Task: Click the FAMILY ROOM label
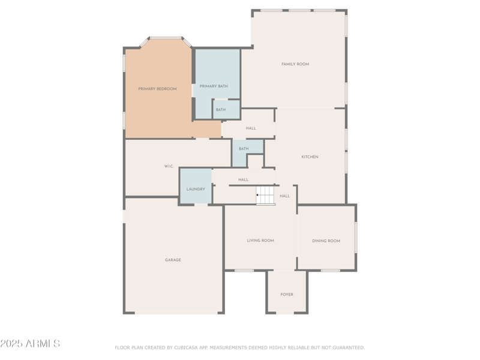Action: coord(295,64)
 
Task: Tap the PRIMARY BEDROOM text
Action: coord(157,89)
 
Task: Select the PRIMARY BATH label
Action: coord(214,86)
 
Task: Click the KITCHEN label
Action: coord(310,157)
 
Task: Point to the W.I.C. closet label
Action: coord(169,166)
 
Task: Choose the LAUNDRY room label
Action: coord(196,189)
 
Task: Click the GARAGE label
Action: coord(173,260)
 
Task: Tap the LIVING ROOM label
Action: coord(260,241)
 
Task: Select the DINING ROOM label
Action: coord(326,241)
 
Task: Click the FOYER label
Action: coord(287,295)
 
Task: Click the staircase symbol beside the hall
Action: coord(266,196)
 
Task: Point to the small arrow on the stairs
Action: coord(257,195)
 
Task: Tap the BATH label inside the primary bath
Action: coord(221,110)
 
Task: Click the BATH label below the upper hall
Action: coord(244,149)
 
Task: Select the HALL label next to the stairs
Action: coord(285,196)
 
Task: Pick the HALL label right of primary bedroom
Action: coord(251,128)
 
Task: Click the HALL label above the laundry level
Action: coord(243,180)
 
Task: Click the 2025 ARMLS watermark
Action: coord(30,344)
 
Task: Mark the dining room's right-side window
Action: coord(355,238)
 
